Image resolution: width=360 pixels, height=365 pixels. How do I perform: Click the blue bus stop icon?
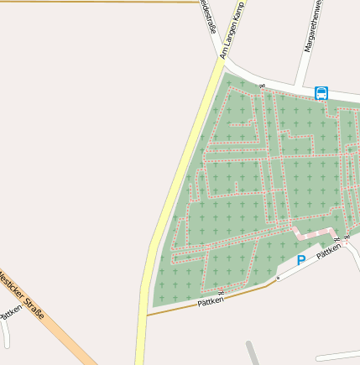tap(321, 93)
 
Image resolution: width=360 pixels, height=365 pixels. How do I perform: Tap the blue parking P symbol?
tap(301, 261)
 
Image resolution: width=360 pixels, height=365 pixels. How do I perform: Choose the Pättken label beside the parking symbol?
tap(329, 250)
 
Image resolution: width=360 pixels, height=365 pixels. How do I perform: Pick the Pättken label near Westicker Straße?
tap(12, 312)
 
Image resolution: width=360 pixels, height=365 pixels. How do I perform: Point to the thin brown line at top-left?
tap(101, 2)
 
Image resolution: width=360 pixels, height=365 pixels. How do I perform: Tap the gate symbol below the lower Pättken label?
tap(221, 291)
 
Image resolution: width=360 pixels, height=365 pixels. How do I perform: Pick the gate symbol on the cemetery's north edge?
tap(261, 86)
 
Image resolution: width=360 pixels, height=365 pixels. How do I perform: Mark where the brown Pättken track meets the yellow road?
tap(147, 315)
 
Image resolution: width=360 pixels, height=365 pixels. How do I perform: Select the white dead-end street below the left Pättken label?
tap(7, 331)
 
